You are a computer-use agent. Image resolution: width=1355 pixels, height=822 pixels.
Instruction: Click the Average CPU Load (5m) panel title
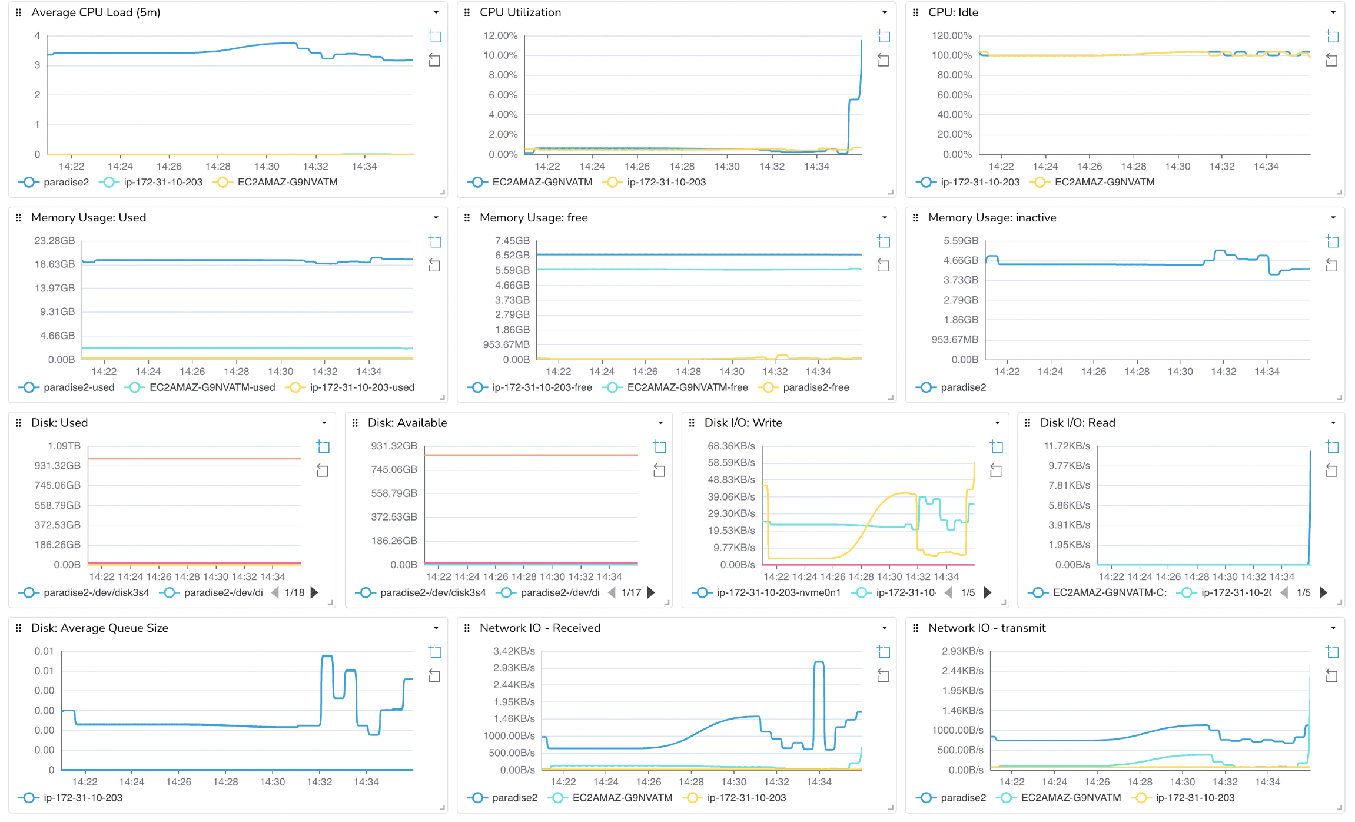click(95, 12)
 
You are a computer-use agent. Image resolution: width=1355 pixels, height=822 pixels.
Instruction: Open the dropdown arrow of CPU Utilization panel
click(884, 12)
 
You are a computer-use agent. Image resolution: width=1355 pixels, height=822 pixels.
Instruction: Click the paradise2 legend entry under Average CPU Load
click(65, 182)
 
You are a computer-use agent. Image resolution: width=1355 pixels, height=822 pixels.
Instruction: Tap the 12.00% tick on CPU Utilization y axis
click(500, 35)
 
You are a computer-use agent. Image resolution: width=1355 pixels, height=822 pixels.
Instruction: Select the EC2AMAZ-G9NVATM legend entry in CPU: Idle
click(1104, 182)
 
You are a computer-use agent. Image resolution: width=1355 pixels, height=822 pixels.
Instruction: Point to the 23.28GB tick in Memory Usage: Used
click(55, 240)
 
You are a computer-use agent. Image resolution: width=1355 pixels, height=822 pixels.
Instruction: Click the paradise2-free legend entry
click(815, 387)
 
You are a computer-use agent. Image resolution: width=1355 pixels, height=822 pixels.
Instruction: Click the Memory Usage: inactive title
click(992, 217)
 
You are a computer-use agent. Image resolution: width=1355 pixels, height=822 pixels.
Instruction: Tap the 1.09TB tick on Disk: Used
click(64, 446)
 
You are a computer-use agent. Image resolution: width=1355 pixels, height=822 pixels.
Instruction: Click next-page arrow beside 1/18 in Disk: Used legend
click(314, 592)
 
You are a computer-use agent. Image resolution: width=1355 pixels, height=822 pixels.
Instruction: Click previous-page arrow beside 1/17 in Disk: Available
click(612, 592)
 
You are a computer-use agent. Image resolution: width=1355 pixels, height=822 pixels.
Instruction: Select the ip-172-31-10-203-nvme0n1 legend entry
click(778, 592)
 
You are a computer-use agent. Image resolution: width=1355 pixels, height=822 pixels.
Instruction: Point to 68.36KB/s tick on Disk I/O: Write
click(731, 446)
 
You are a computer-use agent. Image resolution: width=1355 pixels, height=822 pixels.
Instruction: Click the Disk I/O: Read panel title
click(1077, 423)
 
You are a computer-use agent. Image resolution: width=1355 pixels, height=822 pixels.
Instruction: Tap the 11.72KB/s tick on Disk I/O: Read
click(1067, 446)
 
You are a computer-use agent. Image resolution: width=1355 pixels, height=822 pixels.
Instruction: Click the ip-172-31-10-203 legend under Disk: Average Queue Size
click(82, 798)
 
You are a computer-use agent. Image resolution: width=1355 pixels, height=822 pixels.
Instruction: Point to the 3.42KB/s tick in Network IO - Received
click(514, 651)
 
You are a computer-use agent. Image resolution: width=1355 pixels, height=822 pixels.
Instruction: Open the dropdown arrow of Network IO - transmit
click(1333, 628)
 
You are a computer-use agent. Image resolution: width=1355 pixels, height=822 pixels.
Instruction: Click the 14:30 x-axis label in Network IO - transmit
click(1182, 782)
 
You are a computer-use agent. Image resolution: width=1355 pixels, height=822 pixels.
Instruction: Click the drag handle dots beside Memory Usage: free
click(467, 218)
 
